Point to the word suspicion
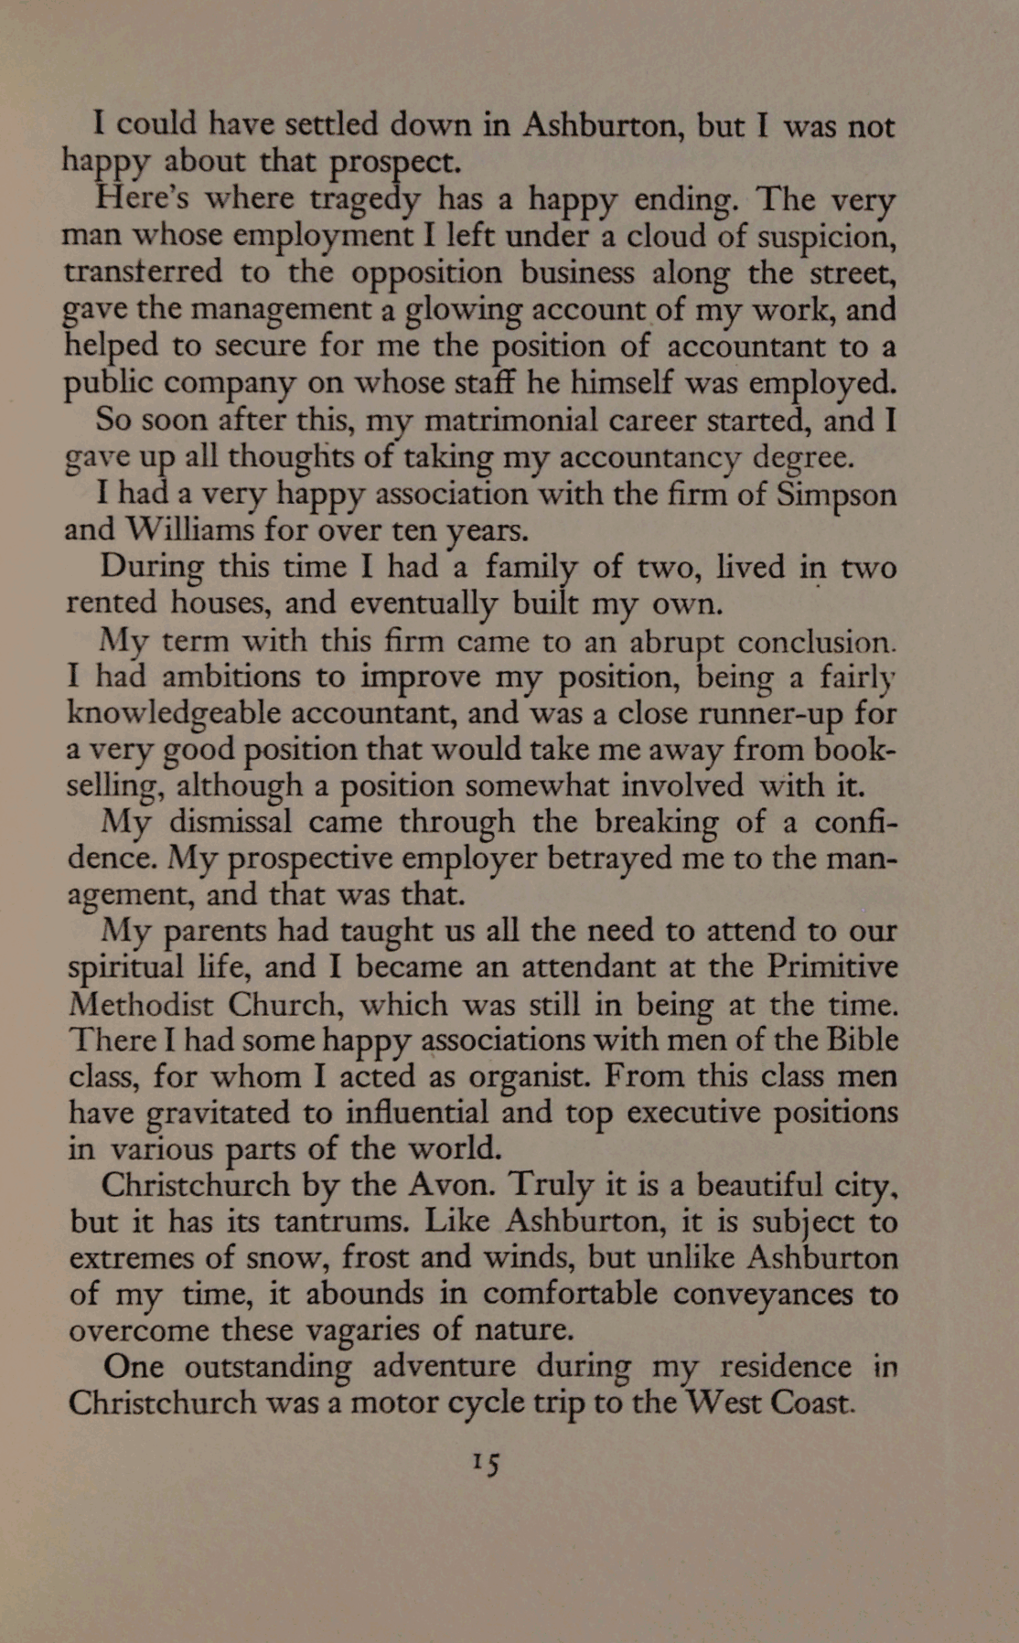(828, 237)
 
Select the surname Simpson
(836, 495)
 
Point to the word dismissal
(231, 822)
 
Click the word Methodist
(142, 1005)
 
